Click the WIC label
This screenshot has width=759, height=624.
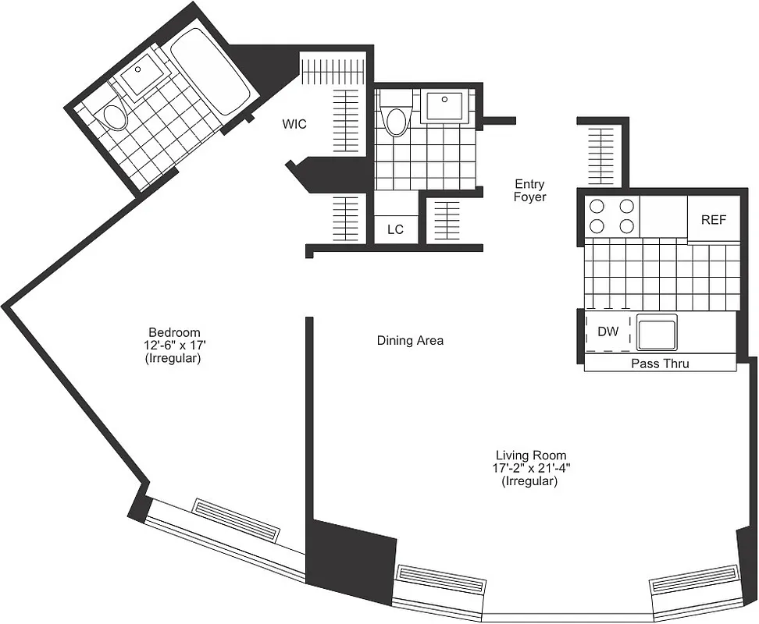[294, 124]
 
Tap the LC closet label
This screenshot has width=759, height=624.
[396, 229]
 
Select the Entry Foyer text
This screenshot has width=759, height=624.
[529, 190]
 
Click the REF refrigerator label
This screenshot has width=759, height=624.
[713, 219]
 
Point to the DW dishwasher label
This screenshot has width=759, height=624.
[608, 332]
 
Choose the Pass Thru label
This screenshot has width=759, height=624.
[660, 363]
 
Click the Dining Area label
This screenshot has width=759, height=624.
[410, 341]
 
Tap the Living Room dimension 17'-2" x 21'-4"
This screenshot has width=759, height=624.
[530, 468]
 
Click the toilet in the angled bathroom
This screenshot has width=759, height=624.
[115, 116]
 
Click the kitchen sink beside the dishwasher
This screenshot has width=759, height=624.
[657, 332]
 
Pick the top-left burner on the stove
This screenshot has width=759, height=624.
[598, 207]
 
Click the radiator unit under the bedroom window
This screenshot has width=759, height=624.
[236, 519]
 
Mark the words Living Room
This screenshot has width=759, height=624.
[530, 455]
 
